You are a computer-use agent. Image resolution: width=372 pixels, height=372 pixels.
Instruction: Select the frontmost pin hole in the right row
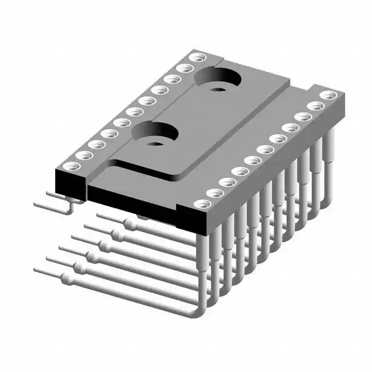click(201, 205)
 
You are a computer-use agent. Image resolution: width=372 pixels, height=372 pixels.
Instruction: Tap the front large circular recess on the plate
click(154, 132)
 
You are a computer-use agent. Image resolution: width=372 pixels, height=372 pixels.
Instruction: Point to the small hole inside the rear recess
click(218, 89)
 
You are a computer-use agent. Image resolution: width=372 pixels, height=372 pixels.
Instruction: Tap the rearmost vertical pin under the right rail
click(330, 145)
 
